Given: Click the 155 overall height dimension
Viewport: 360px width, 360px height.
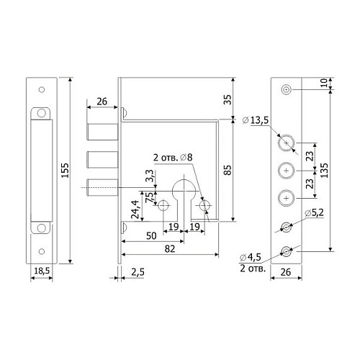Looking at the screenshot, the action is [65, 171].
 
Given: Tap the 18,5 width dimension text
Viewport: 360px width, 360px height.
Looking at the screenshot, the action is [42, 271].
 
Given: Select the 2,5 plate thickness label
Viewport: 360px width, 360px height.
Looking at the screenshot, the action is [138, 272].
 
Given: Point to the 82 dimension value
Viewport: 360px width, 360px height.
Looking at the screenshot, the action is [170, 249].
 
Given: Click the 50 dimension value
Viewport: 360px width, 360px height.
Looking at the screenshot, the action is [151, 235].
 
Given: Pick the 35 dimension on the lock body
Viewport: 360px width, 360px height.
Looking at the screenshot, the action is [228, 99].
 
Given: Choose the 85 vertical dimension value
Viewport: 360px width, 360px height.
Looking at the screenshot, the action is [228, 170].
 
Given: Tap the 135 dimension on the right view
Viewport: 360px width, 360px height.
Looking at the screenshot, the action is [324, 171].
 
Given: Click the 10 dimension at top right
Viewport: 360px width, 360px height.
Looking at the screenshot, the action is [324, 83].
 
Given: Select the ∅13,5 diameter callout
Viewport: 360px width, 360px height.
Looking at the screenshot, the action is [256, 120].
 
